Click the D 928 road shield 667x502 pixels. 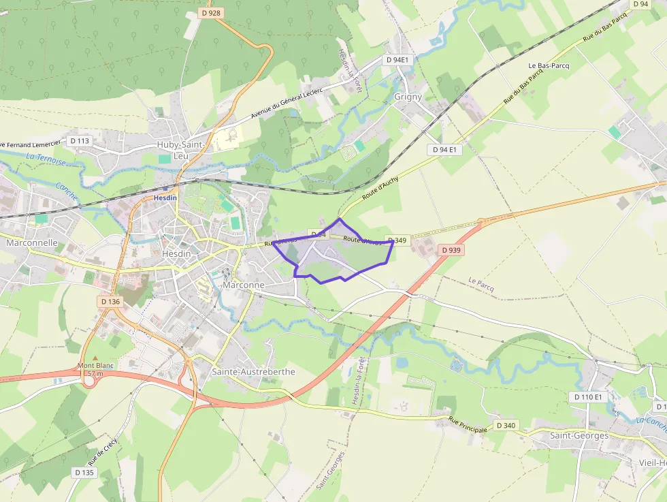click(x=212, y=13)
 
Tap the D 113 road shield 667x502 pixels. click(x=80, y=141)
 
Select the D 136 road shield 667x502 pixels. click(x=110, y=301)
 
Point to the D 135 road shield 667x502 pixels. click(x=84, y=472)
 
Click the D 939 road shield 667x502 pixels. click(x=451, y=250)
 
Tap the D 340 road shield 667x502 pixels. click(x=506, y=425)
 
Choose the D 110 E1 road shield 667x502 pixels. click(x=588, y=396)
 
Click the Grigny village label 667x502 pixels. click(x=408, y=97)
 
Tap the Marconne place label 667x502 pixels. click(x=243, y=285)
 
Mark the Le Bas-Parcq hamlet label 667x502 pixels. click(x=549, y=66)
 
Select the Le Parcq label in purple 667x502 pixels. click(x=481, y=285)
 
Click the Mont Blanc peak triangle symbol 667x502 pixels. click(x=95, y=358)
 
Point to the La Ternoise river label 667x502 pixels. click(x=46, y=160)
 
